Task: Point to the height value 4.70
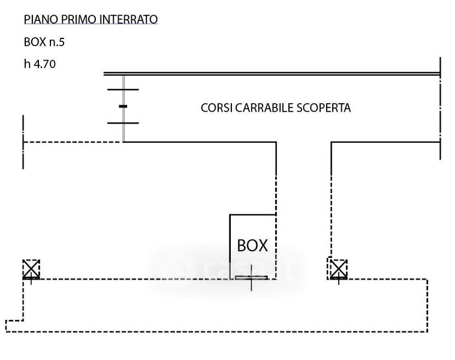(44, 64)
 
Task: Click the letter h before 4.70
(27, 64)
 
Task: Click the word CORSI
(216, 108)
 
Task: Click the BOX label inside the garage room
(252, 245)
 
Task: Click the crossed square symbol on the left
(31, 269)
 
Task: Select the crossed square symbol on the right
(338, 268)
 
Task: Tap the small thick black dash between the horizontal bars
(123, 106)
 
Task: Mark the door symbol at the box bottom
(251, 278)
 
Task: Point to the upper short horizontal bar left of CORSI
(123, 89)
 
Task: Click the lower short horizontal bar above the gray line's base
(123, 123)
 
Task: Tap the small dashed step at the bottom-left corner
(14, 325)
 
